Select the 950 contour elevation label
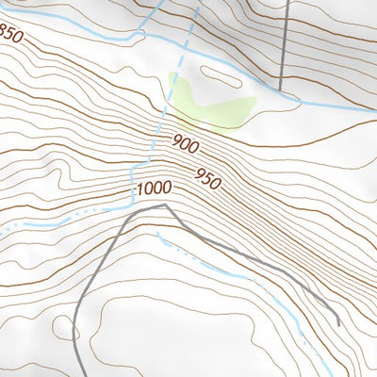(x=208, y=174)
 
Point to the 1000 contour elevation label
(x=153, y=189)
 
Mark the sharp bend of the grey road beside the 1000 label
(x=165, y=204)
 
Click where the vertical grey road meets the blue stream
(x=283, y=91)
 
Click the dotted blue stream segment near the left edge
(x=19, y=226)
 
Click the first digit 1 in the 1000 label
(x=139, y=189)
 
